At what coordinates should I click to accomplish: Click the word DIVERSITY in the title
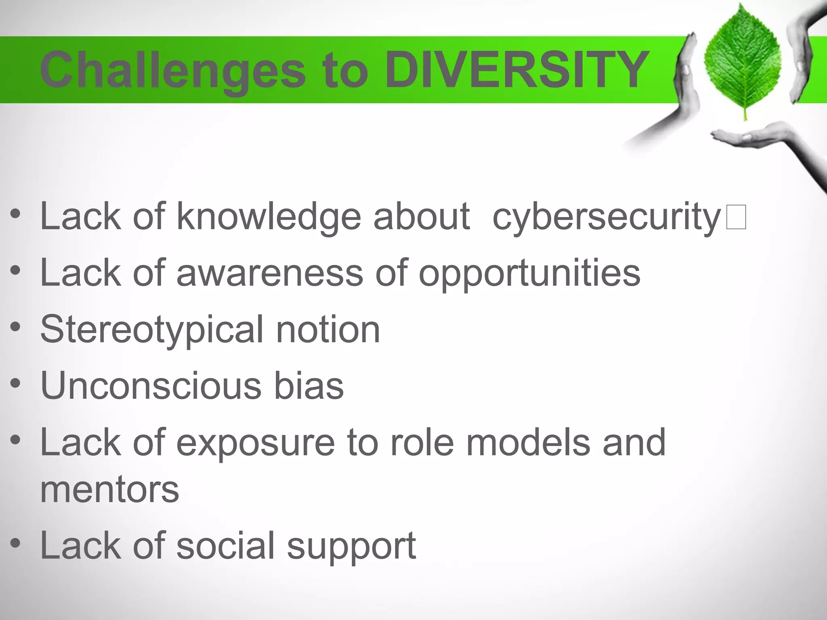[x=517, y=70]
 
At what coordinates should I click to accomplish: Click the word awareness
[x=270, y=274]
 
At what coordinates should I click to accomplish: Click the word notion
[x=327, y=329]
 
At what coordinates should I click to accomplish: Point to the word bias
[x=309, y=386]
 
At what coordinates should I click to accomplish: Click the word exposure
[x=255, y=443]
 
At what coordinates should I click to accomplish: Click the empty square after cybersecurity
[x=736, y=217]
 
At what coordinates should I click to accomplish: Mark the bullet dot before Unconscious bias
[x=15, y=384]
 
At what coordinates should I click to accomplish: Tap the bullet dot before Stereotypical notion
[x=15, y=327]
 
